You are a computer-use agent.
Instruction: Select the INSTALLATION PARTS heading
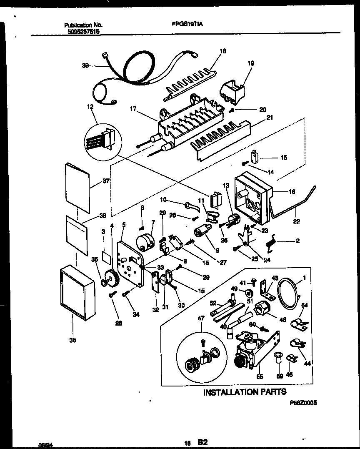click(245, 392)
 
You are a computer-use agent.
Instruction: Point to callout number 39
click(85, 65)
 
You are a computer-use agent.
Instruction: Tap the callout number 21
click(270, 118)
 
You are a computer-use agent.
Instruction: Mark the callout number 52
click(212, 303)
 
